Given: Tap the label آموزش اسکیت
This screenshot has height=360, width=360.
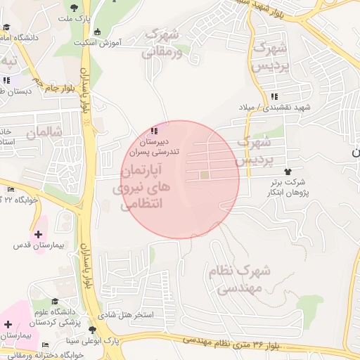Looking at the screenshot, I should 120,42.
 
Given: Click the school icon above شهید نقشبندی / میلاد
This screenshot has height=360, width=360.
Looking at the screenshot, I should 274,96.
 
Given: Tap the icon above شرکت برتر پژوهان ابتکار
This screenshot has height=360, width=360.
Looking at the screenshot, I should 287,172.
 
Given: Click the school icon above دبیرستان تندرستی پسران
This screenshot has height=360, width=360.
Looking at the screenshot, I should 155,130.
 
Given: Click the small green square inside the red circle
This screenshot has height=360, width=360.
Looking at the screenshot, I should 205,175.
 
